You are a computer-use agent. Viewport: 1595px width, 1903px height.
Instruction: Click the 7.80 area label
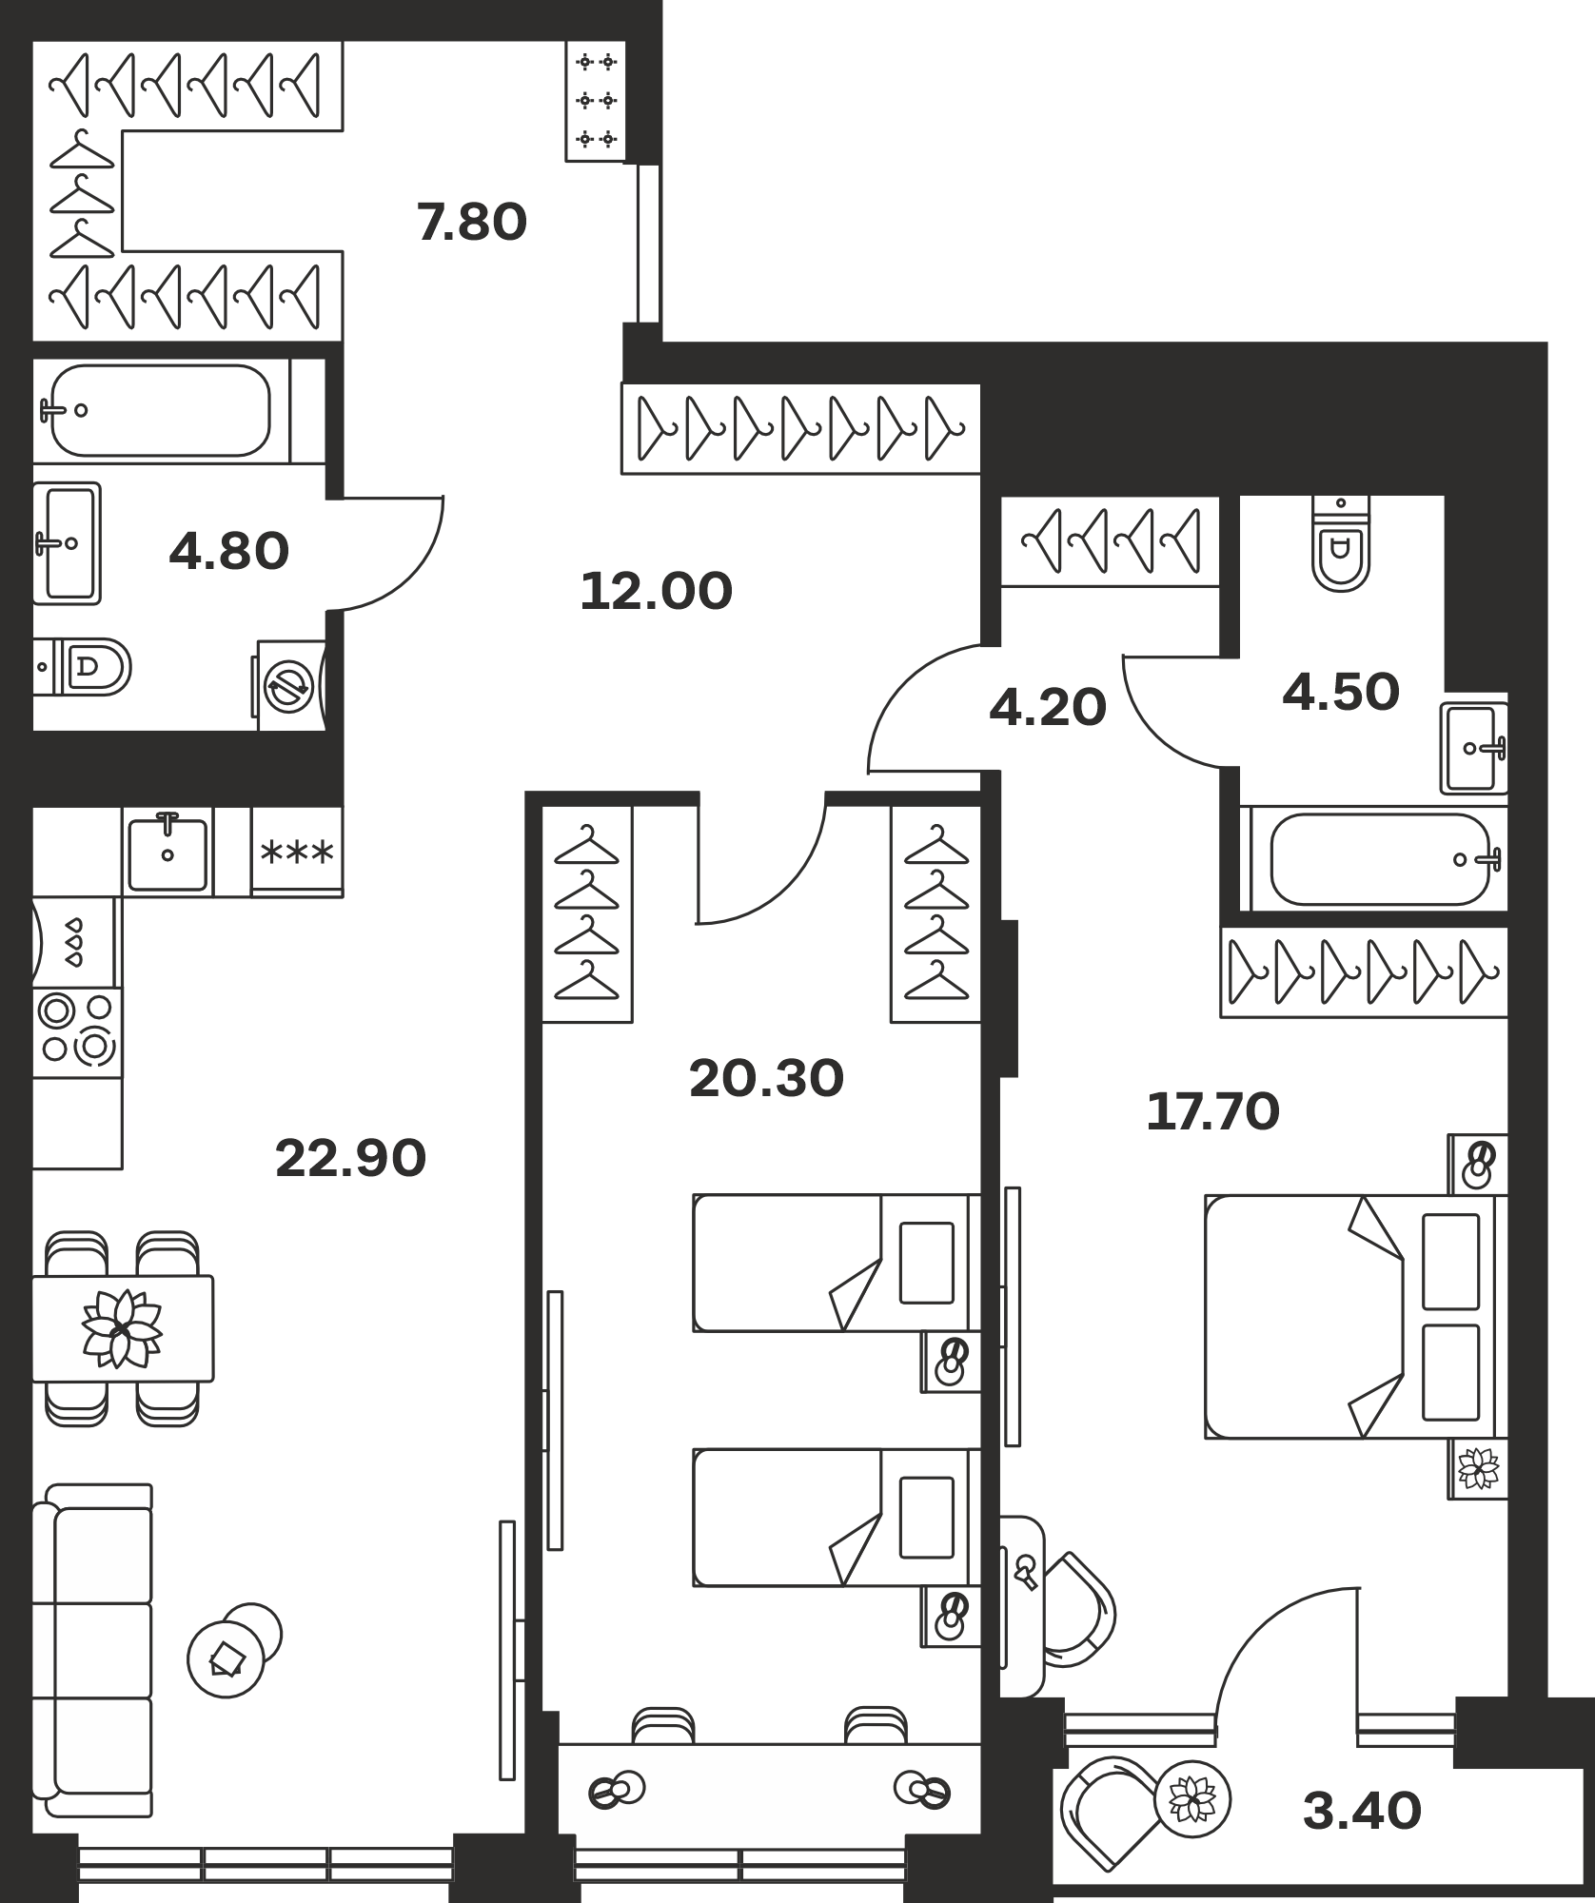point(472,223)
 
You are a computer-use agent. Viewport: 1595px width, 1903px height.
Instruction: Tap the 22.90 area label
point(350,1158)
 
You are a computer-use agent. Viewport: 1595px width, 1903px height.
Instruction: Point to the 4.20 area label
point(1048,708)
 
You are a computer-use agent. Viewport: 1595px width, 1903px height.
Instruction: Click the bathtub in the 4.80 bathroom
point(160,411)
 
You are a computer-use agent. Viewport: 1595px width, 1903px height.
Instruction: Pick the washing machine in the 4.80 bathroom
point(290,685)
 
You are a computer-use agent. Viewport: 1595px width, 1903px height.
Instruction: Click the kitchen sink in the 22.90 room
point(167,852)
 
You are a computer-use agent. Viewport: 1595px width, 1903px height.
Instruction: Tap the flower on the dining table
point(122,1328)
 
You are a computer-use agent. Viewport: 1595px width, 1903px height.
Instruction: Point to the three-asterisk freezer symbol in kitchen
point(297,852)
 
